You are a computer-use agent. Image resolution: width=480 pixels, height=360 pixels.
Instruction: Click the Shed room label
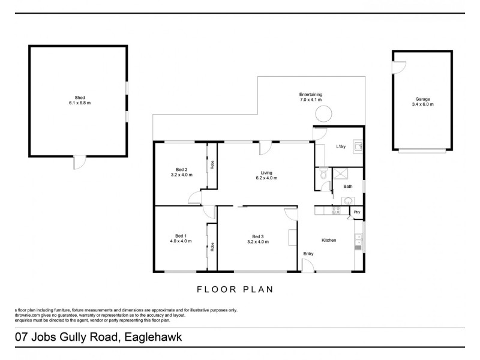coord(79,98)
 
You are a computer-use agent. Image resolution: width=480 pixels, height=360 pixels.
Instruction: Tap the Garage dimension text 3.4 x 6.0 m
coord(423,104)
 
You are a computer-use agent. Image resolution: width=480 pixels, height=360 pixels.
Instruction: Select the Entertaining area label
coord(311,94)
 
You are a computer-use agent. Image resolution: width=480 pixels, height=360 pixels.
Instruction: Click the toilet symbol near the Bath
coord(323,174)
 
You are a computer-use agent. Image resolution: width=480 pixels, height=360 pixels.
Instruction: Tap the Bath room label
coord(348,187)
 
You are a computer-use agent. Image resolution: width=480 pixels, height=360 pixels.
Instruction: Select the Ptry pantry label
coord(356,212)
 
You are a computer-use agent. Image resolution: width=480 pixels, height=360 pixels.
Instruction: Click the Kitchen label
coord(329,240)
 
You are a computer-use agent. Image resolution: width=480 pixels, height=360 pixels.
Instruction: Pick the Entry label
coord(308,254)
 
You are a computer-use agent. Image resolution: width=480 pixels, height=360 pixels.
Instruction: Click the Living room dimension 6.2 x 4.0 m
coord(266,178)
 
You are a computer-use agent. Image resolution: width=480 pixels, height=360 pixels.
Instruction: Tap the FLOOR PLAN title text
coord(235,289)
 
